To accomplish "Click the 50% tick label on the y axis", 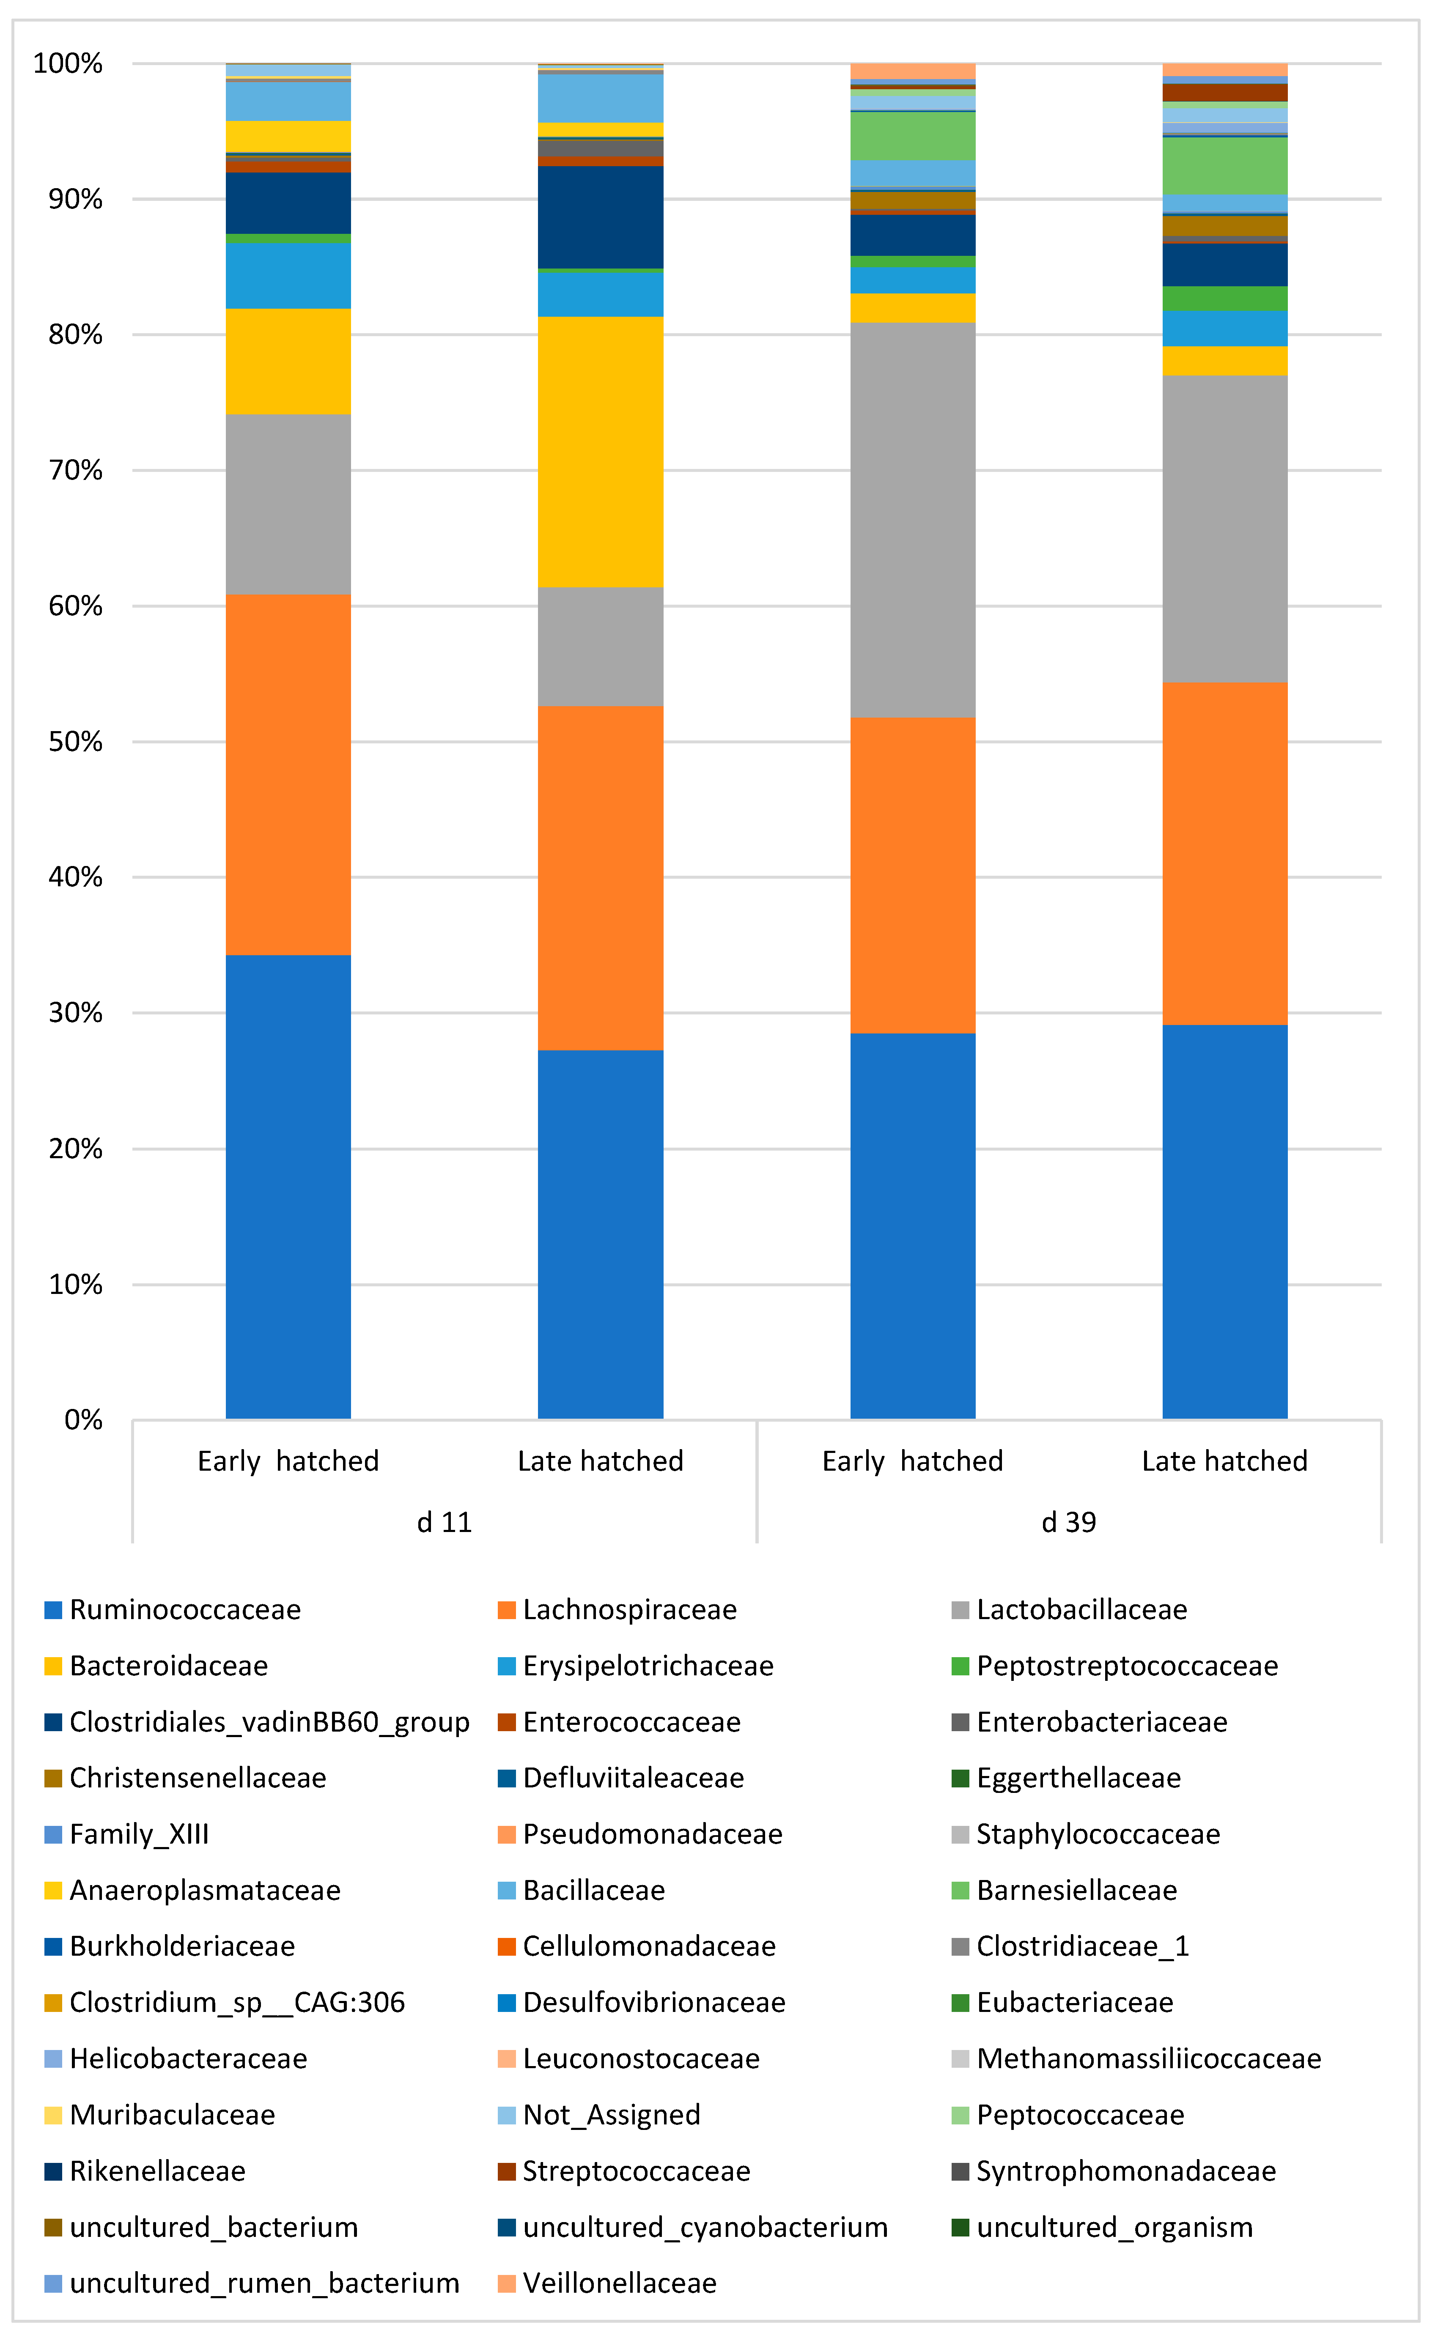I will [75, 742].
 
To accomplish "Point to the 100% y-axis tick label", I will [68, 64].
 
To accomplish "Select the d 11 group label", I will [444, 1522].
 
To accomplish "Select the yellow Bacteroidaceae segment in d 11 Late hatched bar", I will [600, 452].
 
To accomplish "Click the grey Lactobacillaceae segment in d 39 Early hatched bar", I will [912, 520].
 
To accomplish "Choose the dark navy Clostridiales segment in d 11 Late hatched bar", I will [600, 217].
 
